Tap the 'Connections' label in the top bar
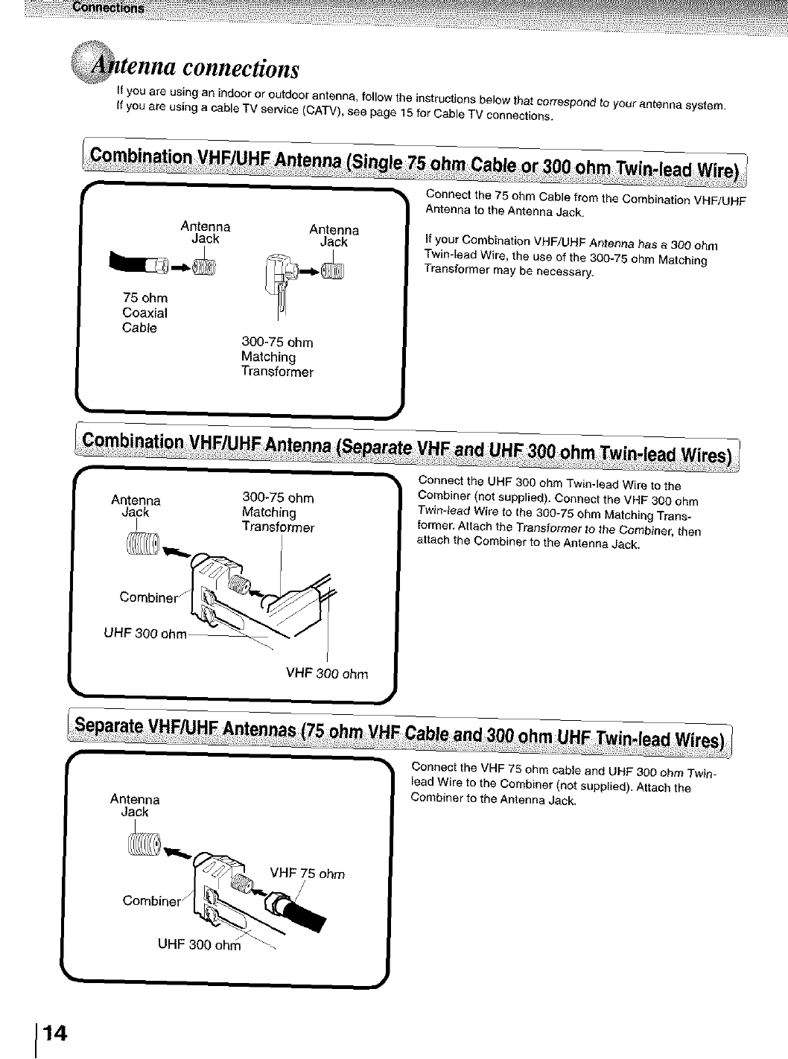pyautogui.click(x=108, y=7)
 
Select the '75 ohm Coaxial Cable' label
pyautogui.click(x=145, y=313)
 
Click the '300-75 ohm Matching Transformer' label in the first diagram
pyautogui.click(x=277, y=357)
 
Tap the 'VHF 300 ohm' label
pyautogui.click(x=327, y=675)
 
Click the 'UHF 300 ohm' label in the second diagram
pyautogui.click(x=145, y=634)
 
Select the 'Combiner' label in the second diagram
pyautogui.click(x=149, y=597)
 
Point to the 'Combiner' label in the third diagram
pyautogui.click(x=151, y=900)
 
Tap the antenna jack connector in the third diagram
pyautogui.click(x=143, y=844)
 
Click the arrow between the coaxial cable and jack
pyautogui.click(x=179, y=265)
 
